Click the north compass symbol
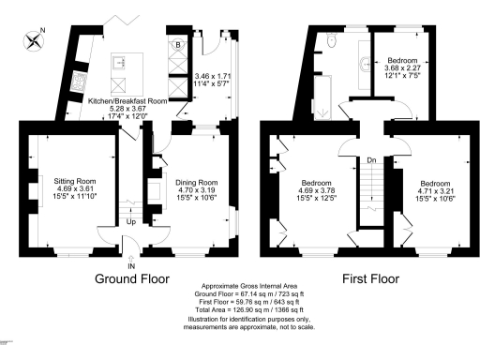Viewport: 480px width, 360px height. [35, 39]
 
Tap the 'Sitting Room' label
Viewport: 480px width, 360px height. [76, 180]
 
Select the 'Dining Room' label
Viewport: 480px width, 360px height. [197, 182]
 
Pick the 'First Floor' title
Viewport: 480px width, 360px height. [372, 279]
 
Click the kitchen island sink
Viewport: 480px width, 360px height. [121, 64]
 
